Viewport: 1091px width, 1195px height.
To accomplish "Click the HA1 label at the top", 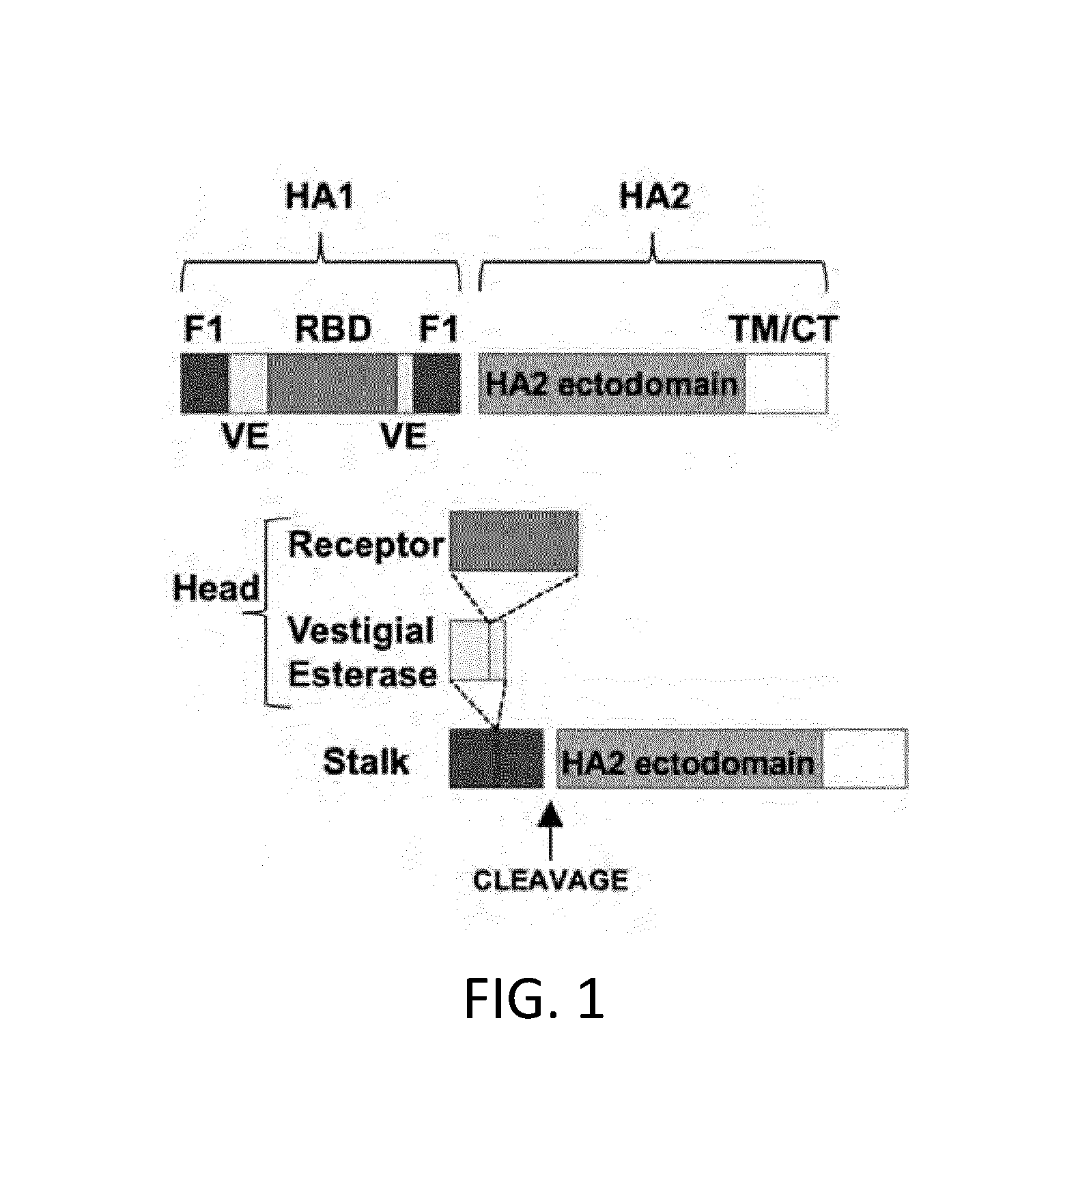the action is click(x=320, y=197).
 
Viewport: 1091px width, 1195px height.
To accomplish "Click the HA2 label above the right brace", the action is click(x=654, y=197).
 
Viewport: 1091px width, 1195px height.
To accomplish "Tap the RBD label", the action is click(x=333, y=329).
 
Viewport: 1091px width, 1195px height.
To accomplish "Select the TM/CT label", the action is click(x=784, y=329).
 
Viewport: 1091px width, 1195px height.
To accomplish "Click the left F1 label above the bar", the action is click(x=203, y=329).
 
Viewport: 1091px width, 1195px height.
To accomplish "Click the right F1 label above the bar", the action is click(x=438, y=329).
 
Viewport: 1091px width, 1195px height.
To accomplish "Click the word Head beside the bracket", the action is click(x=216, y=588).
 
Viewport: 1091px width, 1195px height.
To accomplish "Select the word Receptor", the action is click(x=367, y=546).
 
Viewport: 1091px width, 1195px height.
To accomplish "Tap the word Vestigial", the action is click(x=361, y=630).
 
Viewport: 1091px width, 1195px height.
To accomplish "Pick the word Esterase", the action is click(x=363, y=674).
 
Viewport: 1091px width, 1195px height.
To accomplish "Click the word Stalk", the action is click(x=366, y=761).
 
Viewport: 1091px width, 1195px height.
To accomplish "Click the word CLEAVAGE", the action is click(x=550, y=880).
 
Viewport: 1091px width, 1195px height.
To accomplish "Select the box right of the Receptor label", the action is click(x=513, y=541).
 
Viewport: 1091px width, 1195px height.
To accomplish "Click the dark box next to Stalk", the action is click(x=496, y=758).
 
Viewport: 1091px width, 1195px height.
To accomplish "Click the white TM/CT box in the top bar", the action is click(x=787, y=383).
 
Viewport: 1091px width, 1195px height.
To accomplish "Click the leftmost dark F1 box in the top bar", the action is click(x=205, y=383).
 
